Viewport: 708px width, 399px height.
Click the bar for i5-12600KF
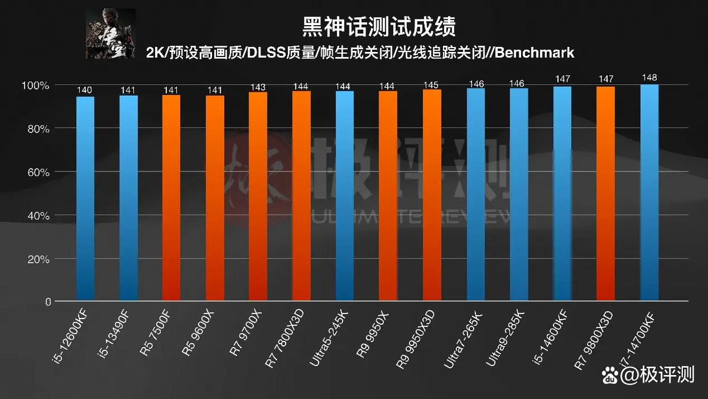(x=85, y=198)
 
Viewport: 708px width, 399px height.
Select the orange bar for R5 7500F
(x=171, y=198)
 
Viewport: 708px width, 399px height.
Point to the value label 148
(x=649, y=78)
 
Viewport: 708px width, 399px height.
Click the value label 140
(x=85, y=90)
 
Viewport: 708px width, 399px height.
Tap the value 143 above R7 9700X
(x=258, y=87)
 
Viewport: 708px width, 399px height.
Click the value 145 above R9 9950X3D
(x=432, y=85)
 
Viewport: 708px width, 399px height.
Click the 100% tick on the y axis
(x=35, y=86)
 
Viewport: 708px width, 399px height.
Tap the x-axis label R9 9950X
(x=373, y=334)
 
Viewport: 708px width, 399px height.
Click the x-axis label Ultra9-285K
(x=504, y=338)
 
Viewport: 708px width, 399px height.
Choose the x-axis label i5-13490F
(x=117, y=336)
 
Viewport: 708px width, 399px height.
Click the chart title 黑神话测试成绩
(x=379, y=26)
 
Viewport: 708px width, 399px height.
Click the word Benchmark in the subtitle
(x=534, y=53)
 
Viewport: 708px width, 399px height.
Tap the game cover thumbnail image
(x=111, y=34)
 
